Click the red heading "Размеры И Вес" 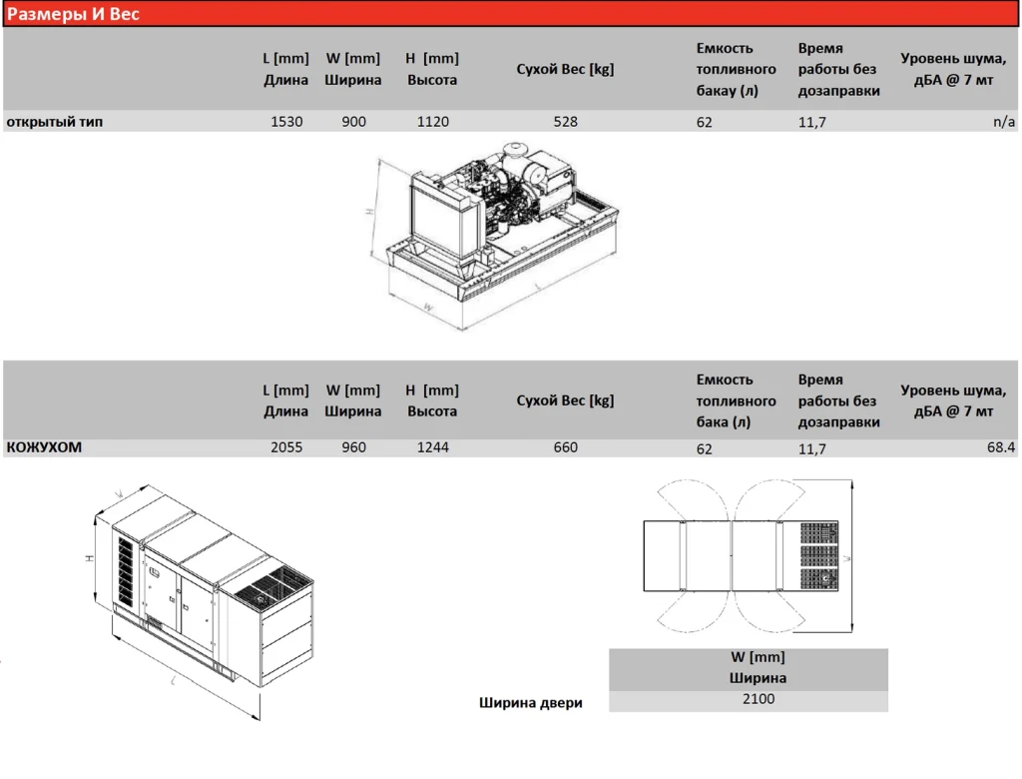(73, 14)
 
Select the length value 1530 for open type (286, 122)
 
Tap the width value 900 (354, 122)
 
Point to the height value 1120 (433, 122)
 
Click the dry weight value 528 (566, 122)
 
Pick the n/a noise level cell (1004, 122)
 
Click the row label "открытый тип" (55, 122)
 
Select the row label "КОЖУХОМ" (44, 447)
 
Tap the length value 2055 (286, 447)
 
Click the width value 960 (354, 447)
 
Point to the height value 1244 (433, 447)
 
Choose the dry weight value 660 (566, 447)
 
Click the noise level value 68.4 (1001, 447)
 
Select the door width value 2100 (759, 699)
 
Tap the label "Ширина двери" (531, 703)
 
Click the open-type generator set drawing (493, 236)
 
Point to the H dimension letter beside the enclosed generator (89, 558)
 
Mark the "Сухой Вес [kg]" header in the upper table (565, 69)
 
